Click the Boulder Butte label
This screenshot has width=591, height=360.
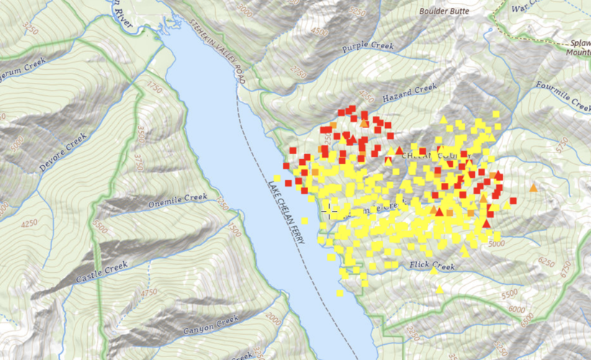pos(445,12)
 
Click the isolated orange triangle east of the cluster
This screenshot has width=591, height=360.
pos(533,188)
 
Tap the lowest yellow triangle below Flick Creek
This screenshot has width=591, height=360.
pos(439,289)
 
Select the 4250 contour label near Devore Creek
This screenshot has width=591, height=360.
pos(29,223)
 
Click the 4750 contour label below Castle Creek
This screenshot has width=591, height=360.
pos(148,292)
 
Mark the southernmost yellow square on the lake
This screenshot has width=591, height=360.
pos(340,293)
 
